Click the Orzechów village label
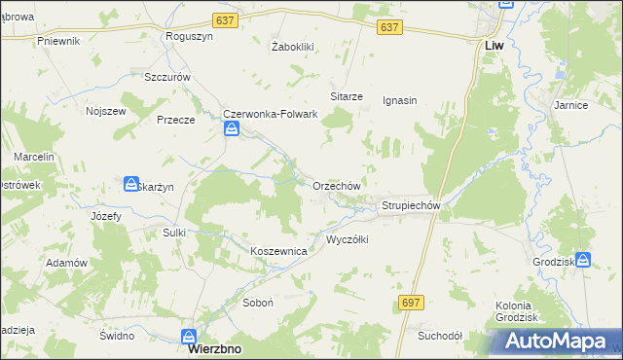tap(337, 185)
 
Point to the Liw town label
tap(494, 45)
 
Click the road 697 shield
tap(411, 304)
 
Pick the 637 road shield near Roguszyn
tap(226, 21)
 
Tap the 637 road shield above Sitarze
tap(389, 28)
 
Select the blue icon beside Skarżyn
tap(131, 183)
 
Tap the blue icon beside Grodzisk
tap(583, 260)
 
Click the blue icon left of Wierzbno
tap(188, 337)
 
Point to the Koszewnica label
tap(279, 251)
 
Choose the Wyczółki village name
tap(347, 239)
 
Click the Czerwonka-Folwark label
tap(272, 114)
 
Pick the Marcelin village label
tap(33, 157)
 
